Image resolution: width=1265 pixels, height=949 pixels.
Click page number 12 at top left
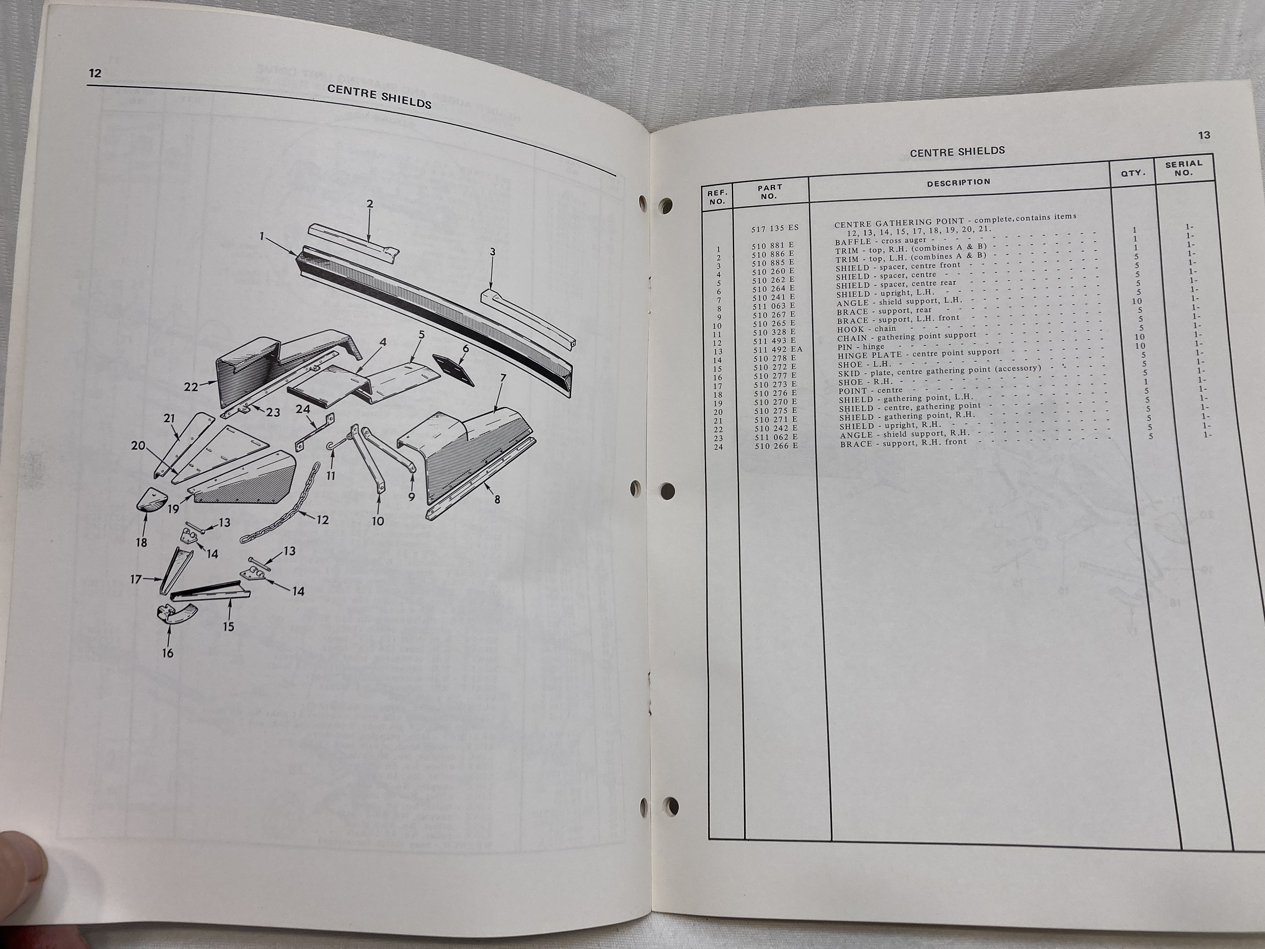(95, 73)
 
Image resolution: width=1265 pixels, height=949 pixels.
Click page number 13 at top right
(1204, 135)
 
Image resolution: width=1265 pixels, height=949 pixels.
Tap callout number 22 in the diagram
(191, 387)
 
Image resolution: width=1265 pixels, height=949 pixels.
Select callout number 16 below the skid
(167, 652)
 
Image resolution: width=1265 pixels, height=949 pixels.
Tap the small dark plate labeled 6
(451, 369)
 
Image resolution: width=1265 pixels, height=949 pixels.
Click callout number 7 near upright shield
(503, 378)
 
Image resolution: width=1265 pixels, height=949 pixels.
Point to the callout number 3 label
(493, 252)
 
